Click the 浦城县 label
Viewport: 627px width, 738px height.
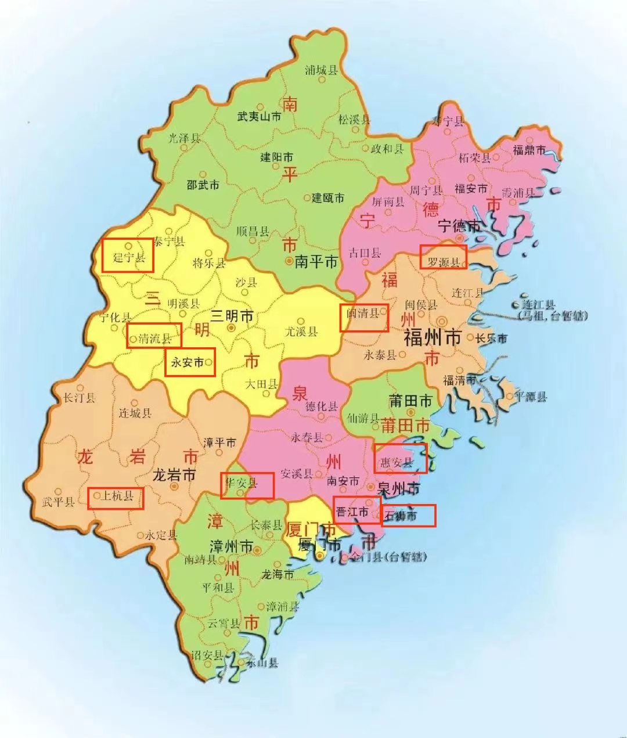coord(321,70)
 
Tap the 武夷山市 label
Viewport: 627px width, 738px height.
coord(259,117)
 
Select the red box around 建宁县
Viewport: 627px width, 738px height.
coord(128,255)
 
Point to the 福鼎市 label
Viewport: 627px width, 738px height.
coord(529,150)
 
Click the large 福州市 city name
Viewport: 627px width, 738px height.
coord(432,337)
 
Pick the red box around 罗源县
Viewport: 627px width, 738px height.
coord(444,257)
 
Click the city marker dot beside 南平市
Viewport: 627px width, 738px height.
coord(289,262)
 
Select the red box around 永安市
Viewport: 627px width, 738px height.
coord(190,362)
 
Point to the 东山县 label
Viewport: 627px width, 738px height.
coord(261,663)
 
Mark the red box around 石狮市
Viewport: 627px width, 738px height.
coord(408,516)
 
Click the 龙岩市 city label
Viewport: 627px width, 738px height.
coord(174,475)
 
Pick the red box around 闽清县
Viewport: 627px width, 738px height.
coord(364,318)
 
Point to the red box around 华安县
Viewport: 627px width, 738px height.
coord(247,486)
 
